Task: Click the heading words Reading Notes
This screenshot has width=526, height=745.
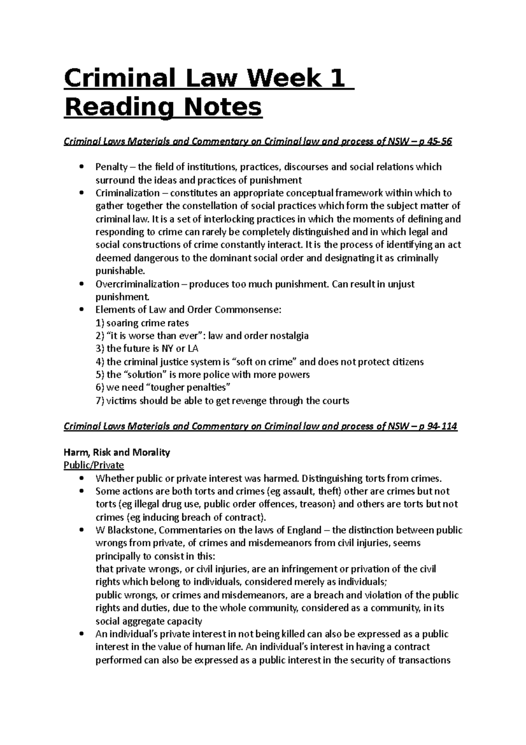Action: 163,107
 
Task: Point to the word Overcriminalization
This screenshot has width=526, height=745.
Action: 138,284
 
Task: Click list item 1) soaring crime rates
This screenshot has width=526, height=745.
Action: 142,323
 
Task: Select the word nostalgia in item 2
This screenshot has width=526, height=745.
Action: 288,336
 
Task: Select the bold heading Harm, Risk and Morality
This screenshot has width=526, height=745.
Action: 117,452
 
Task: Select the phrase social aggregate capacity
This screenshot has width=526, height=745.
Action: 149,621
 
